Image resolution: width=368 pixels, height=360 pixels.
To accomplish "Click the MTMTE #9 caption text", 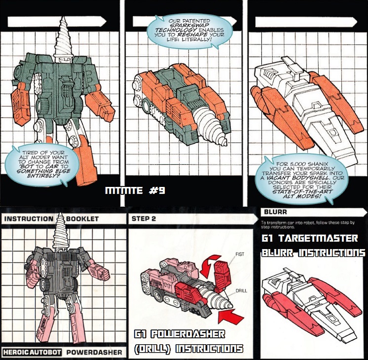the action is coord(135,190).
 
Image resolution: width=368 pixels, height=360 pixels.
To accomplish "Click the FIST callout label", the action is coord(240,254).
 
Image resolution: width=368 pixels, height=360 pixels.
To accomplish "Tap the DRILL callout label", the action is coord(241,291).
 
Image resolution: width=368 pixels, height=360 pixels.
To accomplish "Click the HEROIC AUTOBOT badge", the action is coord(32,352).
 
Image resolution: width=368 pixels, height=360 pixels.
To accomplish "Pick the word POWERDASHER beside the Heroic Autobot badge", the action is coord(94,352).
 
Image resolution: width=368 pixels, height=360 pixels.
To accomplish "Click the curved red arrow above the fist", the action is coord(208,263).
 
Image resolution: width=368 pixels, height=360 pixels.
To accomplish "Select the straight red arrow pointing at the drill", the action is coord(230,316).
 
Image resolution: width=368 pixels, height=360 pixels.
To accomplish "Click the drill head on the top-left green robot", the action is coord(63,37).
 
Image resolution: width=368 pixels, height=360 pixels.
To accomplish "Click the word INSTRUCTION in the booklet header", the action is coord(29,219).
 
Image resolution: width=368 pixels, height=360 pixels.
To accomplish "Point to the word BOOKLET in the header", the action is coord(82,219).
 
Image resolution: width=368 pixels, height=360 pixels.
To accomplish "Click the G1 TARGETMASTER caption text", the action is coord(310,238).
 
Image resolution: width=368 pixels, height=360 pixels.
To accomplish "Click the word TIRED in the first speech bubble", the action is coord(31,153).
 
